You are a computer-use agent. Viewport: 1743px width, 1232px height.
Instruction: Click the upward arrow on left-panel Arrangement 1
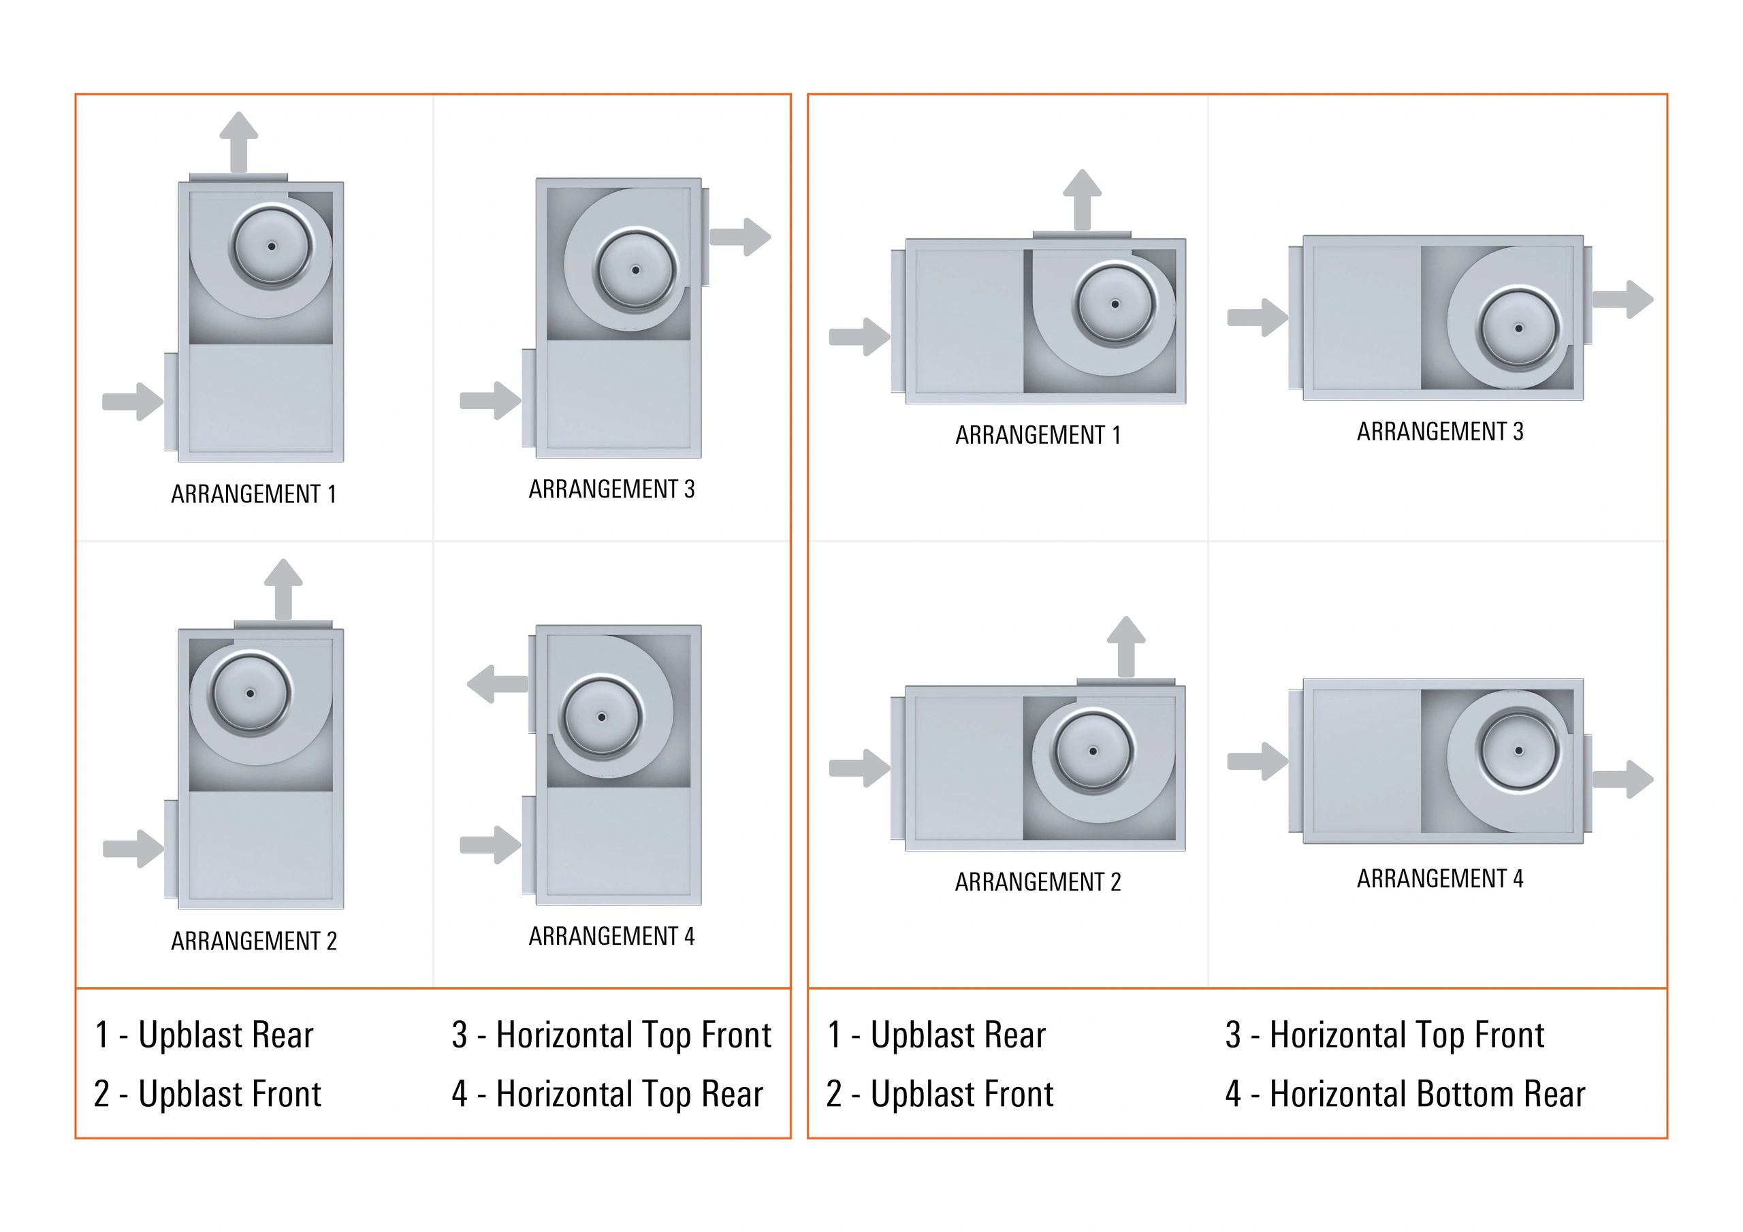point(238,142)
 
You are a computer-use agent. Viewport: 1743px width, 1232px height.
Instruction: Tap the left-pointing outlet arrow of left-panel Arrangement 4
point(497,684)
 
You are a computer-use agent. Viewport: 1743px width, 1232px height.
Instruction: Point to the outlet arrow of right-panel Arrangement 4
point(1623,779)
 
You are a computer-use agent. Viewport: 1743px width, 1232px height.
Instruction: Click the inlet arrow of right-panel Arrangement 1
point(859,336)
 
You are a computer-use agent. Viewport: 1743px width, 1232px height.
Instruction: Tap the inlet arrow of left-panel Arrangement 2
point(133,848)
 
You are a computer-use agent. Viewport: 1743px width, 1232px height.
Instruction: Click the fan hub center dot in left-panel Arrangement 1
point(272,246)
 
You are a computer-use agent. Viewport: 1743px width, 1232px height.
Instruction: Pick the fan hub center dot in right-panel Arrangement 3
point(1518,329)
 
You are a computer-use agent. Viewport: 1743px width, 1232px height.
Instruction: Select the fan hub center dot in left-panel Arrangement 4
point(601,717)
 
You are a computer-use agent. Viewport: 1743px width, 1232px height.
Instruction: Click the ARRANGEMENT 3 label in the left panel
point(611,489)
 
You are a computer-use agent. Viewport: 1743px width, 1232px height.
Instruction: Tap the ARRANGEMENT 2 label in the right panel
point(1037,881)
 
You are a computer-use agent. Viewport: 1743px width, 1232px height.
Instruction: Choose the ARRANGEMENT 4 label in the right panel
point(1439,878)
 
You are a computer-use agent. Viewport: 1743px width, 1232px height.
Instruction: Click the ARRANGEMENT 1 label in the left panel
point(253,494)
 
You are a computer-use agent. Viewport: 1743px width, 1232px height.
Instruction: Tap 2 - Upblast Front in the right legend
point(939,1094)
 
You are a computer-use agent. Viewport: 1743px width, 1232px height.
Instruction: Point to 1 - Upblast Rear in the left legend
point(204,1035)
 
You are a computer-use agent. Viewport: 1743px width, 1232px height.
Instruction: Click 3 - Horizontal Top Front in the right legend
point(1384,1035)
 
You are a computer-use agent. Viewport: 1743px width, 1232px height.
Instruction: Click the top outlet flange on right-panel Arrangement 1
point(1081,236)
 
